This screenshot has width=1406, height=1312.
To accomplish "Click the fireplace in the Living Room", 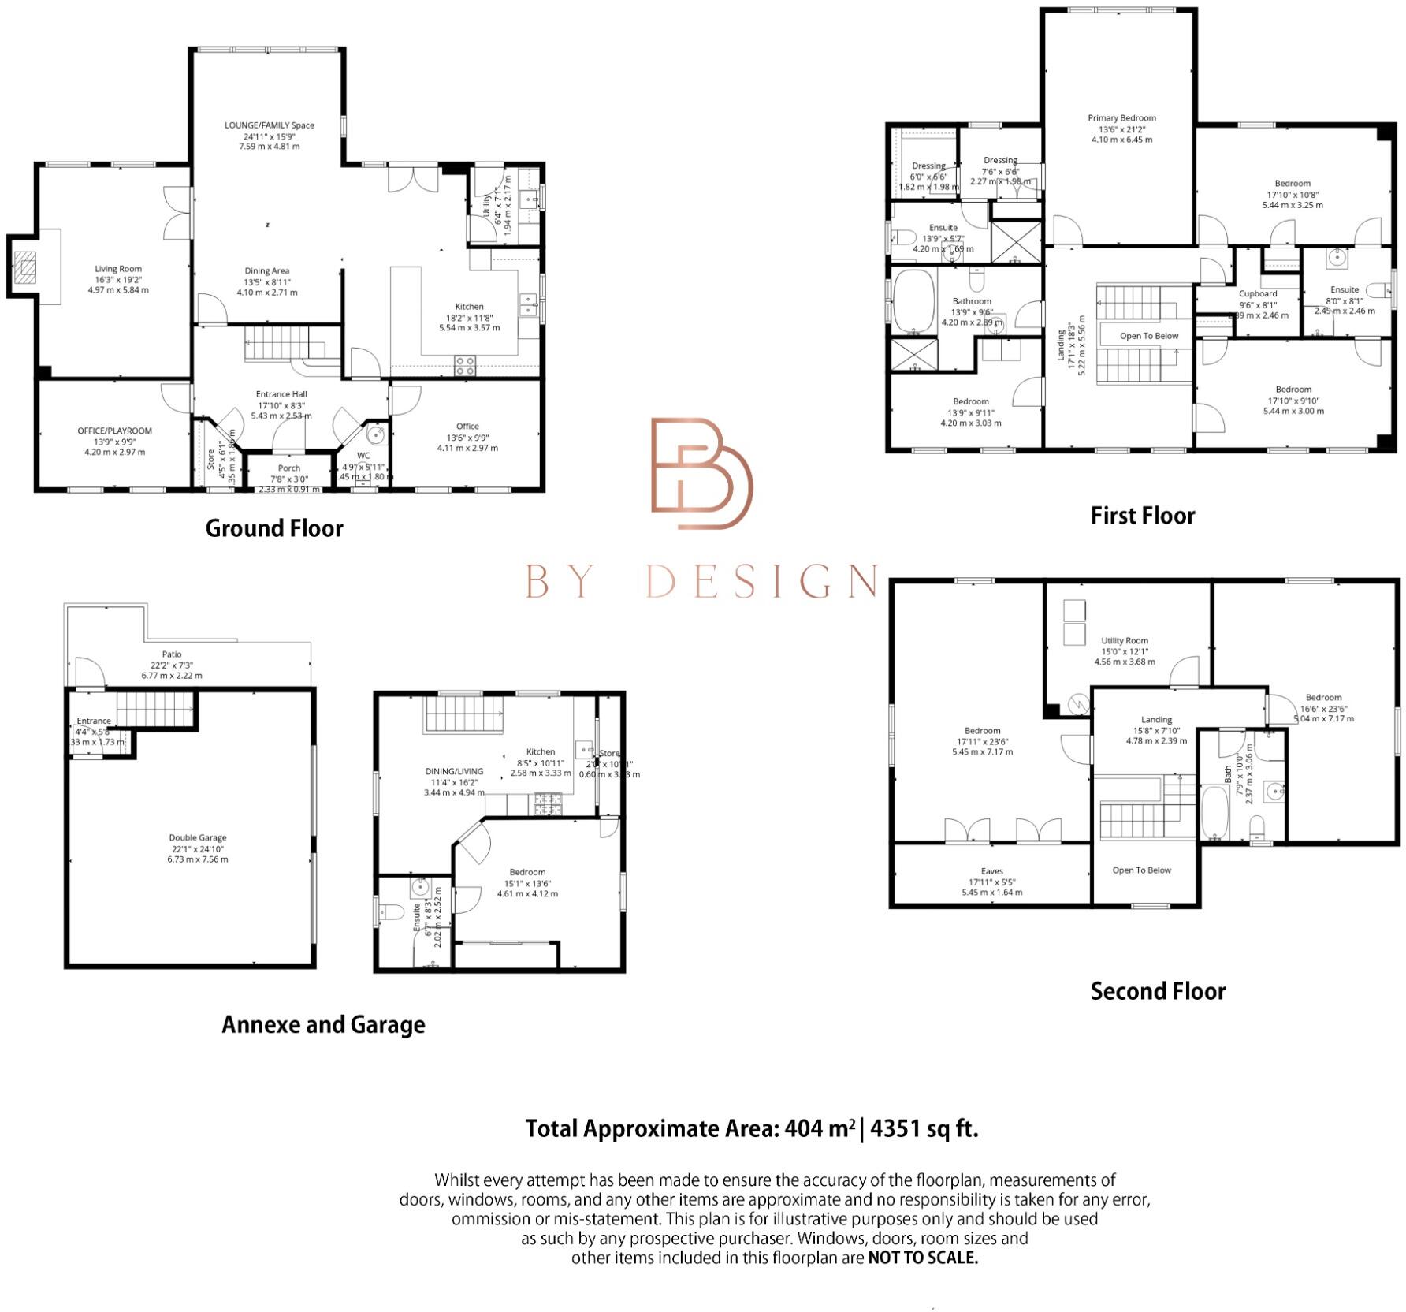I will point(27,267).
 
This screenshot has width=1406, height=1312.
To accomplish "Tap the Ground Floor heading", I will point(274,528).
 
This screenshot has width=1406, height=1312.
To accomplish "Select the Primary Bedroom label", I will point(1121,118).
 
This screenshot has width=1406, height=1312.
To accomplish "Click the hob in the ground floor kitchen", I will point(465,365).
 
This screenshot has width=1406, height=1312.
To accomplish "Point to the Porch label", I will point(289,468).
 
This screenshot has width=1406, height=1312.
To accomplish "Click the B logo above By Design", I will point(701,473).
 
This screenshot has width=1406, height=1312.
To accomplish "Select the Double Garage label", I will point(197,838).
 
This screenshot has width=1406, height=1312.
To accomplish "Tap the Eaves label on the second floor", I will point(991,871).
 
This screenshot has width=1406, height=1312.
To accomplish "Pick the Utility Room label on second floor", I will point(1125,641).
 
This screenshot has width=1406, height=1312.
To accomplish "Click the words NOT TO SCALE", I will point(922,1258).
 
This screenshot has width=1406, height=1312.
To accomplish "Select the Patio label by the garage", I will point(172,654).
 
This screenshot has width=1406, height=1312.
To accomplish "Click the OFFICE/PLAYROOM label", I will point(115,431).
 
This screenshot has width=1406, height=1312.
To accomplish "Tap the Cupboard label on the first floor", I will point(1258,294).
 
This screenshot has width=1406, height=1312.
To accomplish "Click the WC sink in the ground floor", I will point(376,434).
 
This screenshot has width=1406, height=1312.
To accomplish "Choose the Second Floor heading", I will point(1158,991).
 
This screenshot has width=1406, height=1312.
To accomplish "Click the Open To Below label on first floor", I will point(1149,336).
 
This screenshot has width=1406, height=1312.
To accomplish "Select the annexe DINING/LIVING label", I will point(454,771).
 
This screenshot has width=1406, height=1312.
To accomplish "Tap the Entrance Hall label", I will point(281,394).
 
